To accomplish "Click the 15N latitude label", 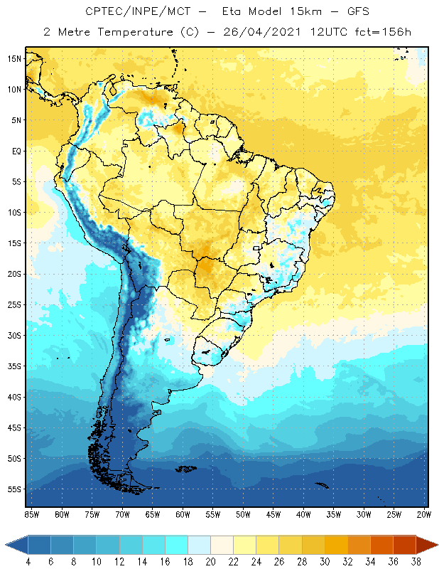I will pos(14,58).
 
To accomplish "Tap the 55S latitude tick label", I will pos(14,489).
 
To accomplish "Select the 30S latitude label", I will pos(14,335).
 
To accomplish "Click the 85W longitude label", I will pos(31,514).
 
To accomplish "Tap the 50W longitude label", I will pos(243,514).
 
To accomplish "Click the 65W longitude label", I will pos(152,514).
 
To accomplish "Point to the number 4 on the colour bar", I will pos(28,561).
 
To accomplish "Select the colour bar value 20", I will pos(211,561).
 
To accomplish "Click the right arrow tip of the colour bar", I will pos(436,545).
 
